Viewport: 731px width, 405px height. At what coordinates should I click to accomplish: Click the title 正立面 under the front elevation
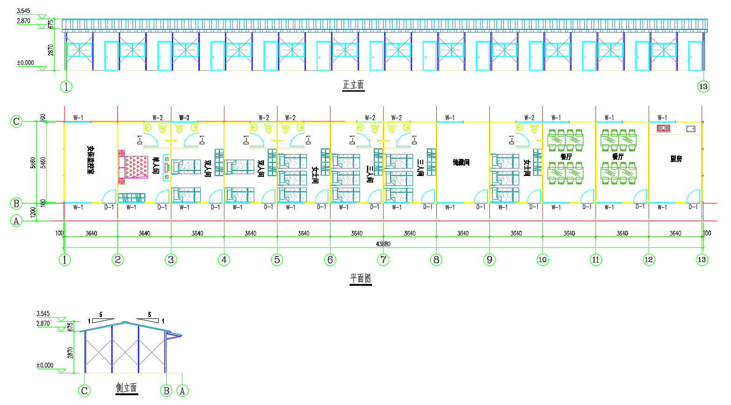[353, 85]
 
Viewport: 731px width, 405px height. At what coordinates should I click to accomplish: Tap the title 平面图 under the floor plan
[361, 278]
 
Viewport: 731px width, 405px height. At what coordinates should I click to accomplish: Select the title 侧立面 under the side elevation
[127, 388]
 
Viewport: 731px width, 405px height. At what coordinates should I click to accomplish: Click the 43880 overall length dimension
[383, 244]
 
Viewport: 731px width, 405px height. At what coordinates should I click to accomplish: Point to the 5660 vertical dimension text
[33, 162]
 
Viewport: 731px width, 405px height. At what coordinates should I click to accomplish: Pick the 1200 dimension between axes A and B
[33, 212]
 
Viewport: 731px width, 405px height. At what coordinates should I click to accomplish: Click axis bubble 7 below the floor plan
[383, 260]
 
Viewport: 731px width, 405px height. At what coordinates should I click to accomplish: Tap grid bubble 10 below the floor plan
[542, 260]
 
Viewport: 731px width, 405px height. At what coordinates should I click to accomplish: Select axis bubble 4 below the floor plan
[224, 260]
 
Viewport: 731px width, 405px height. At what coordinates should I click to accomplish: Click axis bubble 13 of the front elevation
[703, 86]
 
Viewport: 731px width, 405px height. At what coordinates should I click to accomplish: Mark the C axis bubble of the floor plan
[16, 121]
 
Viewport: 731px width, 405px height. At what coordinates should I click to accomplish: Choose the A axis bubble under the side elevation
[182, 391]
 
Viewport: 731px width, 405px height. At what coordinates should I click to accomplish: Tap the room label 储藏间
[461, 162]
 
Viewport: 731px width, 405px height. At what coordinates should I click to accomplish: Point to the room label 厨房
[676, 159]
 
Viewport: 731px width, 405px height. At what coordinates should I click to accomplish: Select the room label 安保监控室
[91, 160]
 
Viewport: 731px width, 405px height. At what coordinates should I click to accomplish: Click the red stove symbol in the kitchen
[663, 128]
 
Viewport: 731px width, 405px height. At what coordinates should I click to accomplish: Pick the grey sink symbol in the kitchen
[691, 129]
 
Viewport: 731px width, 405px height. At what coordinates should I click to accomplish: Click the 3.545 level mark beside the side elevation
[43, 314]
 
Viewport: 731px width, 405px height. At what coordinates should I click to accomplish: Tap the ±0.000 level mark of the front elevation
[26, 63]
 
